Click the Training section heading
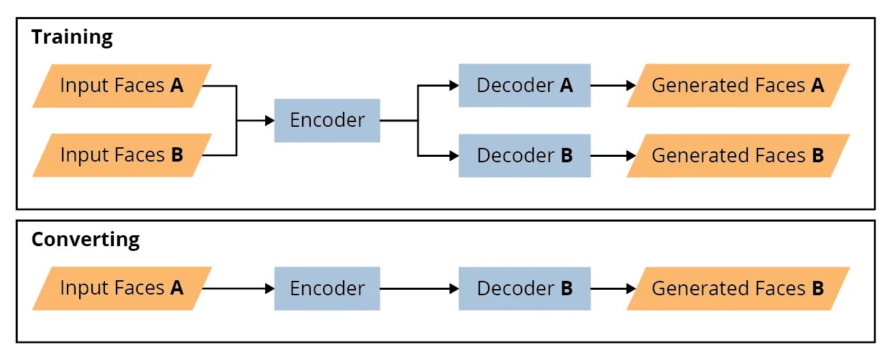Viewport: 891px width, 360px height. tap(72, 37)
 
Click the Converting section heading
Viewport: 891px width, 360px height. tap(85, 239)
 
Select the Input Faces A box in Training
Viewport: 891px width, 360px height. tap(122, 86)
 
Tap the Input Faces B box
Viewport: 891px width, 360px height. tap(122, 155)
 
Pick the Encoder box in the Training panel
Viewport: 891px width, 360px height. tap(327, 121)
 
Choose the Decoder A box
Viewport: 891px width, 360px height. tap(524, 86)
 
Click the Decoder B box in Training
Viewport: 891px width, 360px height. tap(524, 155)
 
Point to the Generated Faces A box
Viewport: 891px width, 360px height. tap(738, 86)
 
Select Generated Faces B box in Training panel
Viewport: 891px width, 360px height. tap(738, 155)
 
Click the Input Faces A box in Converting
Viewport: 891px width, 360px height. tap(122, 288)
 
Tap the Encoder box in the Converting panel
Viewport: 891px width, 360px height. tap(327, 288)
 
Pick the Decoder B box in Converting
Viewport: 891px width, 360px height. tap(524, 288)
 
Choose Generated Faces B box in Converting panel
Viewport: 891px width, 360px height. tap(738, 288)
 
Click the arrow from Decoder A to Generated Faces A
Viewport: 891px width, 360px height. tap(613, 86)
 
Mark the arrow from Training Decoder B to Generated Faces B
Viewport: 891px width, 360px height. tap(613, 155)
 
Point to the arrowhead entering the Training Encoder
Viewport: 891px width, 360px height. tap(269, 121)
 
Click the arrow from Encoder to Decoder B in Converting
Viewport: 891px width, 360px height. tap(419, 288)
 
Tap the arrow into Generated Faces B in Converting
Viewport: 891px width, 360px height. tap(613, 288)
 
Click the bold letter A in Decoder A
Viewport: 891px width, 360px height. tap(566, 86)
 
